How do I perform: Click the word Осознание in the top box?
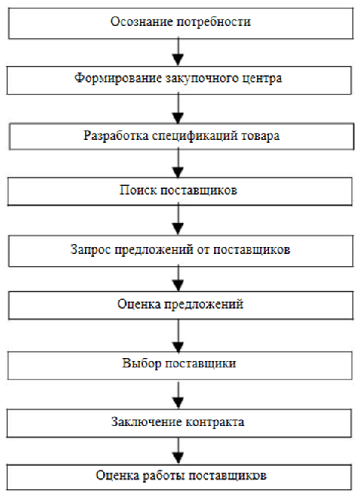(x=141, y=21)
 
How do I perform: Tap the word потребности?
(x=213, y=22)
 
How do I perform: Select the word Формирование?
(x=118, y=78)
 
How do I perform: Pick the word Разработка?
(x=115, y=135)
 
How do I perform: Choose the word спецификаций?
(x=195, y=136)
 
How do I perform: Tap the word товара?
(x=261, y=136)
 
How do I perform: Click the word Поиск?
(x=138, y=191)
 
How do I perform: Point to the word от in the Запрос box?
(x=203, y=249)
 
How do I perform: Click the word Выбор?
(x=142, y=363)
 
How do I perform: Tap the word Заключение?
(x=147, y=422)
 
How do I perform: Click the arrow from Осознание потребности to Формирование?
(x=179, y=52)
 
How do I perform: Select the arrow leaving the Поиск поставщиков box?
(x=179, y=220)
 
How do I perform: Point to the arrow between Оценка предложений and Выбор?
(x=179, y=336)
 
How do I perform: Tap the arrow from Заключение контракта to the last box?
(x=179, y=451)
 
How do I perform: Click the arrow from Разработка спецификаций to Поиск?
(x=179, y=163)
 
